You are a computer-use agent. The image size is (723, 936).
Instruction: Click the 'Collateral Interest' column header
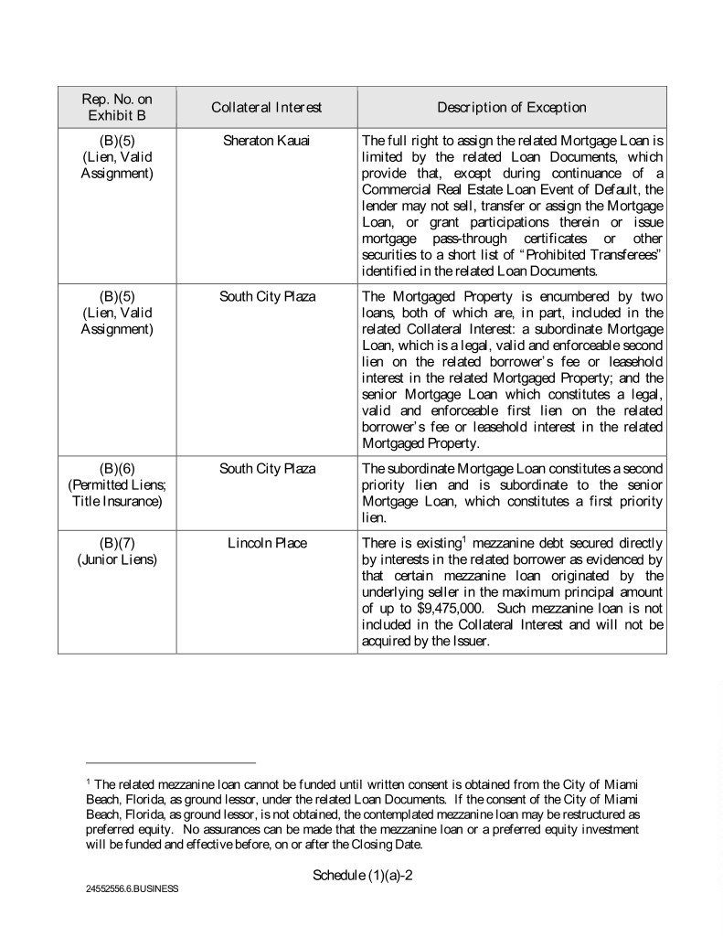point(266,108)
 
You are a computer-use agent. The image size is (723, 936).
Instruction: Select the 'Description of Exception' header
point(511,108)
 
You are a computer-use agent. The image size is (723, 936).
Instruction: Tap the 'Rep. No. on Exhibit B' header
point(117,108)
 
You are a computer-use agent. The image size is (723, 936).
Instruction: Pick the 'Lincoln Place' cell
point(267,543)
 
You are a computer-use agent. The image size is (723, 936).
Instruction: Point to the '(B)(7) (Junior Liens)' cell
point(117,551)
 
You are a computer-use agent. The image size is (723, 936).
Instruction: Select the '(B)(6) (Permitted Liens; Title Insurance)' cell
point(117,485)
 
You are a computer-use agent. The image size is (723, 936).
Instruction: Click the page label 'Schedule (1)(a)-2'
point(362,875)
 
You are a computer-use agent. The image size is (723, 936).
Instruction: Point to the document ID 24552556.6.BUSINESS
point(131,888)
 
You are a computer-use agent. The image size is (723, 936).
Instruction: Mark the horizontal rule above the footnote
point(171,762)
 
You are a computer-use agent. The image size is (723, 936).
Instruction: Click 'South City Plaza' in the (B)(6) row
point(266,469)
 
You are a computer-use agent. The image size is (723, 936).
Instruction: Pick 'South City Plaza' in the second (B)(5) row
point(266,297)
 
